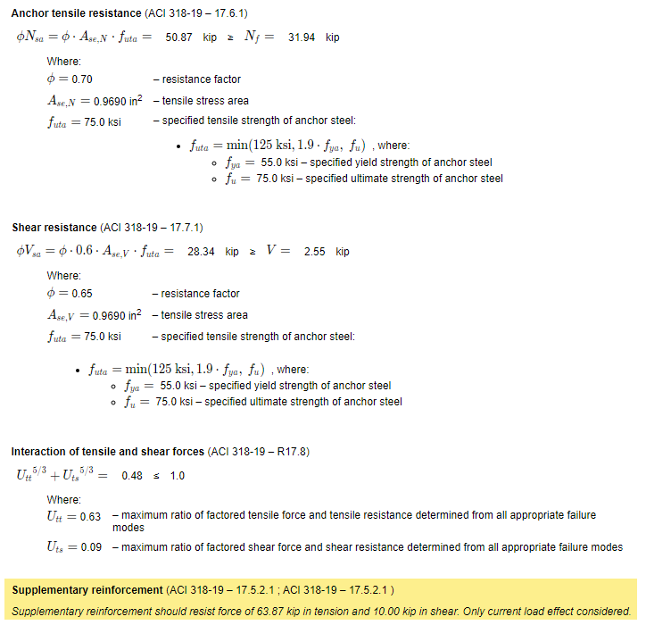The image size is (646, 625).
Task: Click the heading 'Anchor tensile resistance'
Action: coord(76,13)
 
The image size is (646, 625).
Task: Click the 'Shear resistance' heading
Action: coord(54,228)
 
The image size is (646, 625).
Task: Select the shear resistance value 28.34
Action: coord(201,252)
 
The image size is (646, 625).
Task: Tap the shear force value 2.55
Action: coord(315,252)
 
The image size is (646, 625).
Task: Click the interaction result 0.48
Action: coord(132,476)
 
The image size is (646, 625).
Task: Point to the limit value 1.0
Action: coord(177,476)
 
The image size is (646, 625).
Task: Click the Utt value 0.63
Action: coord(90,516)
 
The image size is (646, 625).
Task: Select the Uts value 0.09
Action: coord(90,547)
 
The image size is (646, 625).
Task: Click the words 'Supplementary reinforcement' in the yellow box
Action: coord(87,590)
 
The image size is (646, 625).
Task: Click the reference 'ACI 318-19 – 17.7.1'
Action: coord(152,228)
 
